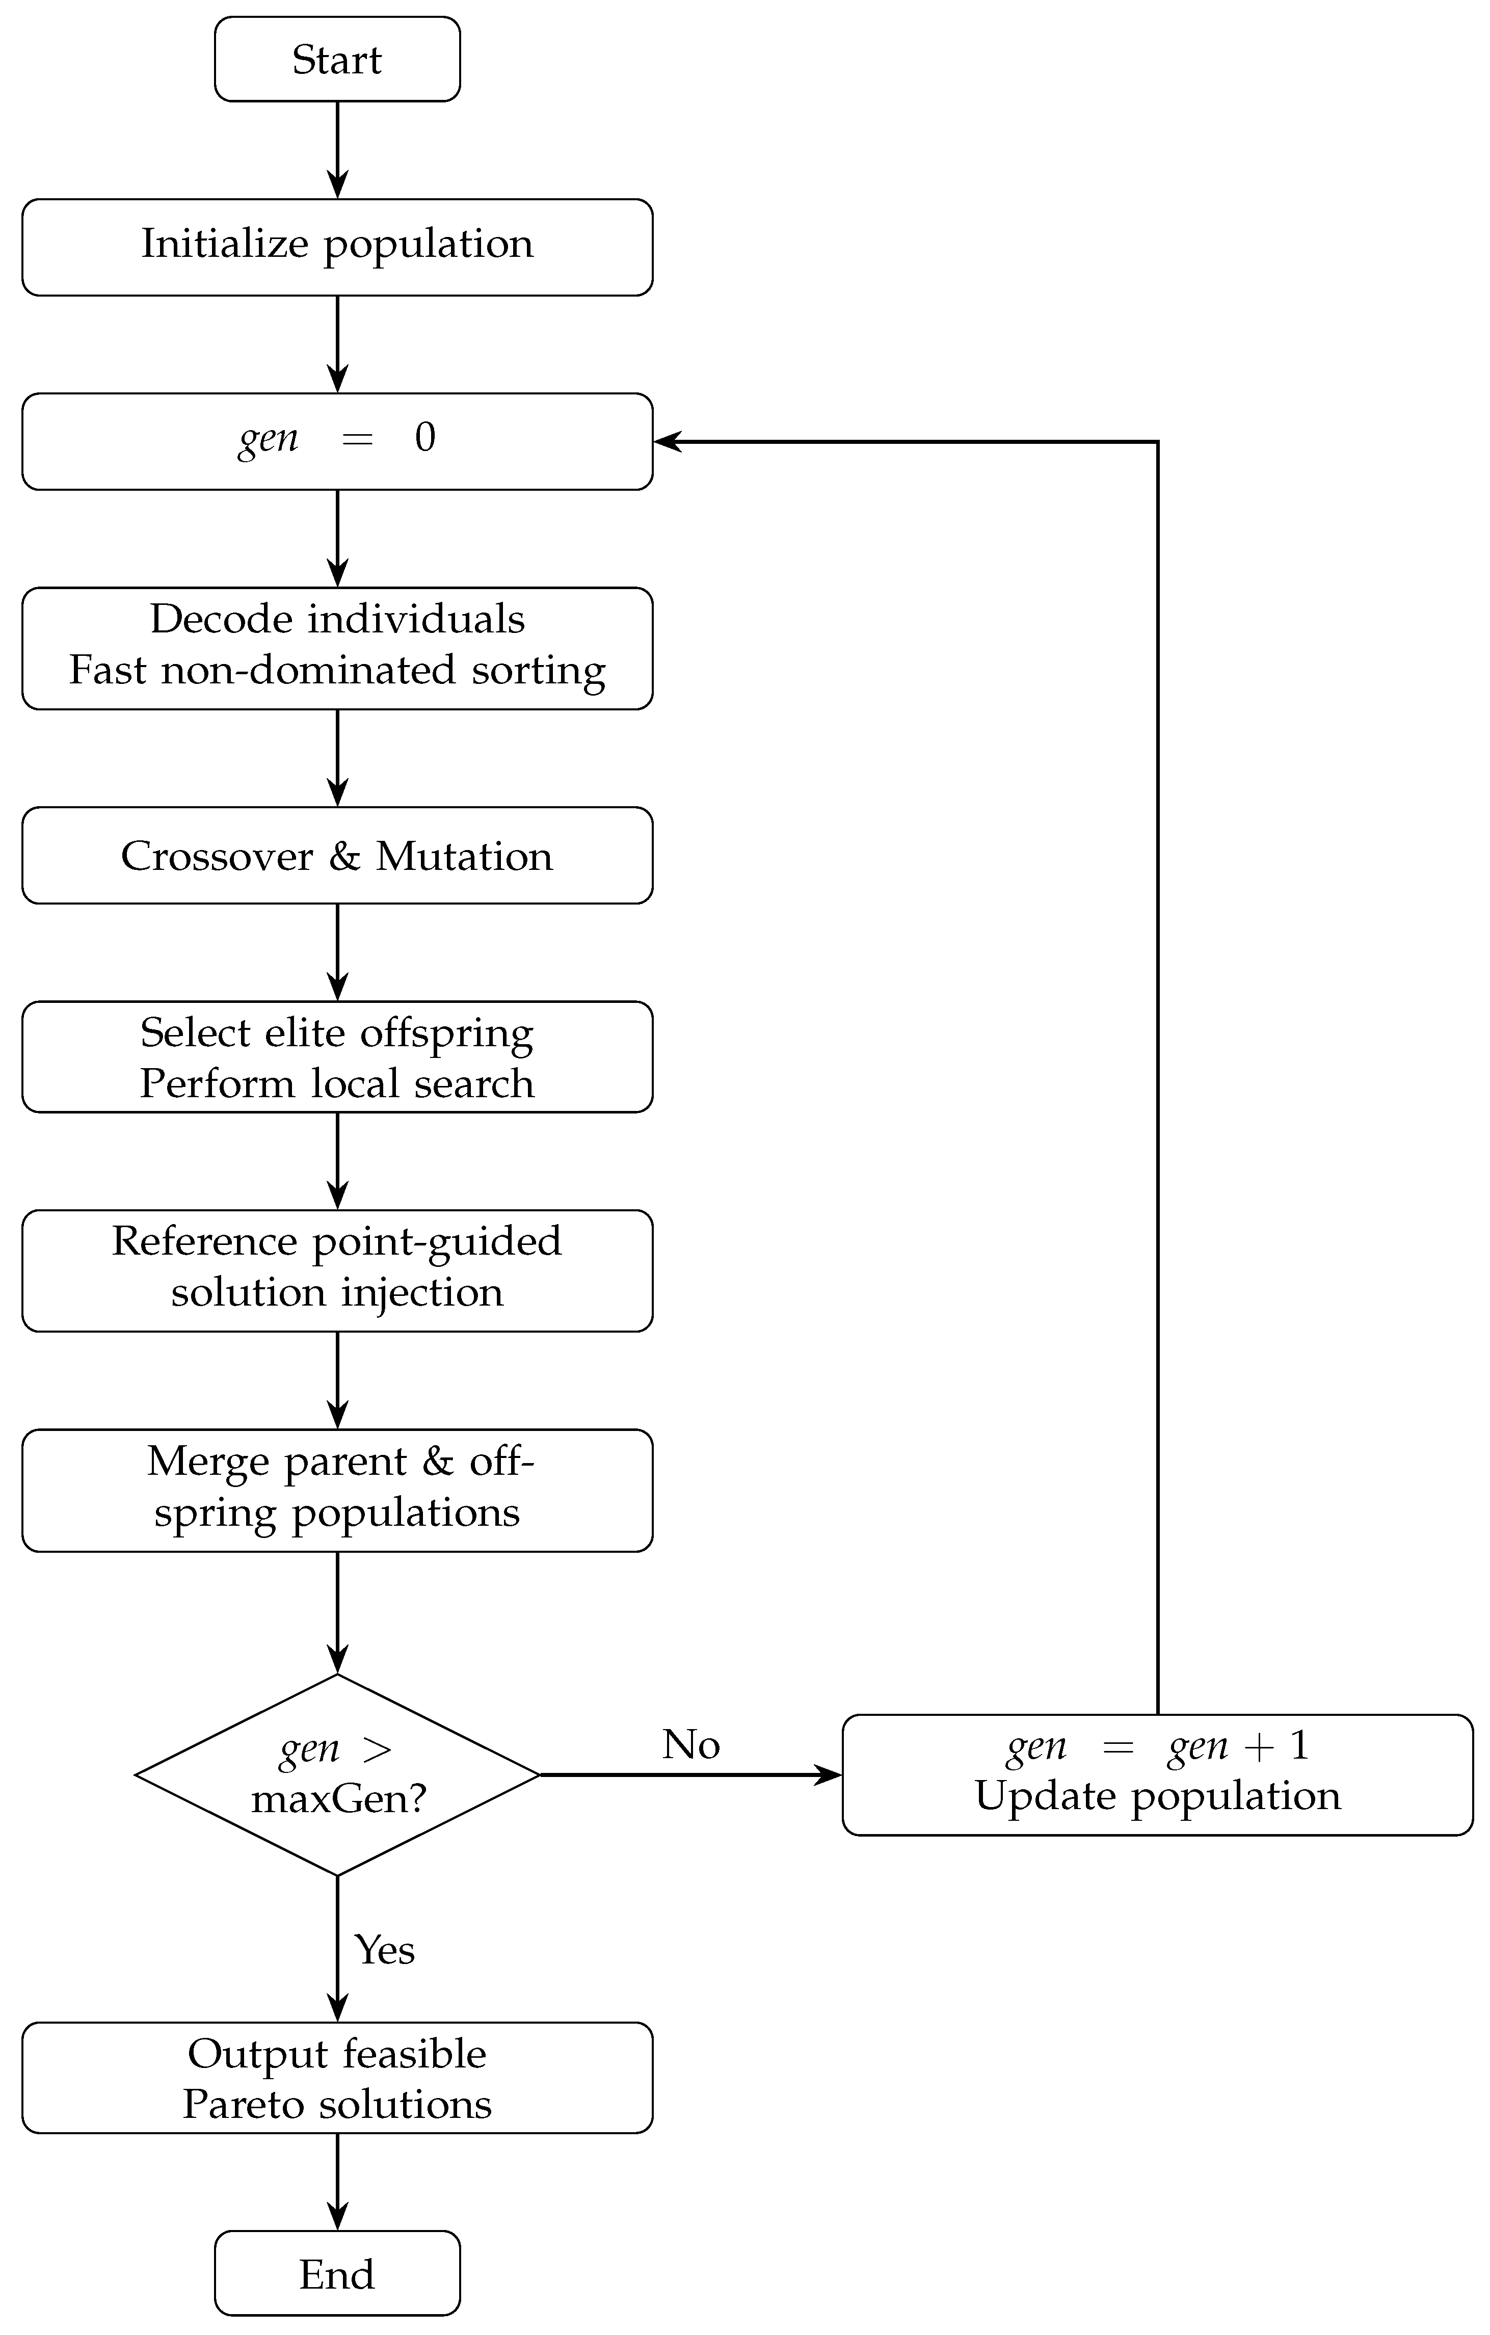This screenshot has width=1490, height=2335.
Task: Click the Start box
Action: pyautogui.click(x=337, y=59)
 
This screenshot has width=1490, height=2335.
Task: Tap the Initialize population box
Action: pyautogui.click(x=337, y=247)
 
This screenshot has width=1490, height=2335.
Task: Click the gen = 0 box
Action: pyautogui.click(x=337, y=441)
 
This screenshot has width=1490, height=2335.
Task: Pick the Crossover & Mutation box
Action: pyautogui.click(x=337, y=855)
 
